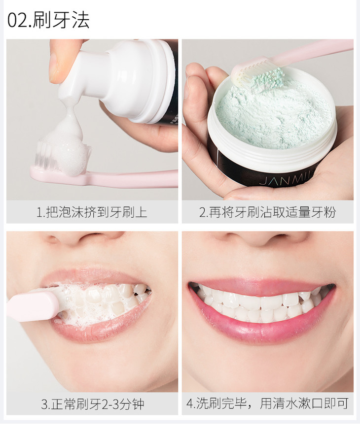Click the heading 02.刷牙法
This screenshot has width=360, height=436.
pos(48,20)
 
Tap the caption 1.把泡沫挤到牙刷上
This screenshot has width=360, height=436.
pos(92,212)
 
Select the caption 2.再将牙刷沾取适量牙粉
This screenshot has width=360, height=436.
pos(268,212)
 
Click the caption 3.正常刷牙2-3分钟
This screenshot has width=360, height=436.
pos(92,404)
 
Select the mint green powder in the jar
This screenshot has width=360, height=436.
pos(274,117)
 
